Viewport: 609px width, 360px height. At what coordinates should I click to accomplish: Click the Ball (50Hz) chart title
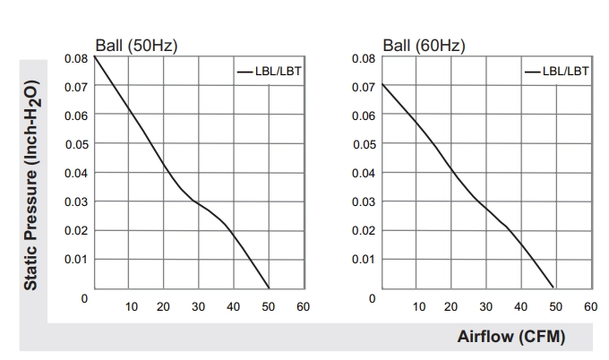coord(136,46)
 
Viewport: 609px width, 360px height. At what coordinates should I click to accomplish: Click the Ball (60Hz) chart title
coord(424,46)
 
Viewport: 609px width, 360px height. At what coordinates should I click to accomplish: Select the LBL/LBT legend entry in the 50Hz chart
coord(269,72)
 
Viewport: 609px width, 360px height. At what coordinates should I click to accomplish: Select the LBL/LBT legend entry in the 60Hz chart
coord(556,72)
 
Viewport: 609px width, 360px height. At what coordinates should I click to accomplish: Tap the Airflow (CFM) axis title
coord(511,337)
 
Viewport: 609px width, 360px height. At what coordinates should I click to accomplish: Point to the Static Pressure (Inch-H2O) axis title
coord(31,184)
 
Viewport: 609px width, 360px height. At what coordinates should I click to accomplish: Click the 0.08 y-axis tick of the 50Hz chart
coord(76,58)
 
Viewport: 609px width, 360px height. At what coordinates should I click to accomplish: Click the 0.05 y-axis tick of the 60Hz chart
coord(365,144)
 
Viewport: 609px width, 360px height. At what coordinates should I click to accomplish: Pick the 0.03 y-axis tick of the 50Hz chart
coord(76,202)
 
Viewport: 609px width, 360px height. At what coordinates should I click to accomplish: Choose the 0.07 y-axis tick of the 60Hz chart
coord(364,88)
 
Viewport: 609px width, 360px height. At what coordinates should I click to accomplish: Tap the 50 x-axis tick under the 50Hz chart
coord(268,307)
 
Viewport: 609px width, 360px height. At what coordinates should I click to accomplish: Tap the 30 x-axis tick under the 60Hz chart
coord(485,307)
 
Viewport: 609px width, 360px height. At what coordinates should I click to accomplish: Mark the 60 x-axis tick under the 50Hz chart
coord(303,307)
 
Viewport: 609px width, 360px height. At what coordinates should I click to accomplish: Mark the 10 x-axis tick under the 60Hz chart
coord(419,307)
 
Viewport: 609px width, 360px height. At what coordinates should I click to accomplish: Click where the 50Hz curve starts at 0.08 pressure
coord(94,56)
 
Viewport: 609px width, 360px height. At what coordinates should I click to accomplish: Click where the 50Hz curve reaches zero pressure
coord(269,288)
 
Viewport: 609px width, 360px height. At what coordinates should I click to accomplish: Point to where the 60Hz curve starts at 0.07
coord(382,84)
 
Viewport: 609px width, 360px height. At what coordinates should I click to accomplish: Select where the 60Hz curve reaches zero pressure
coord(553,287)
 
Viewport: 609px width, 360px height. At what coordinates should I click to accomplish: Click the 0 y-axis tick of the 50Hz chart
coord(84,298)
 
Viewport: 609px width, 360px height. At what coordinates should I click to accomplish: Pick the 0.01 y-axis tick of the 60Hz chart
coord(364,259)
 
